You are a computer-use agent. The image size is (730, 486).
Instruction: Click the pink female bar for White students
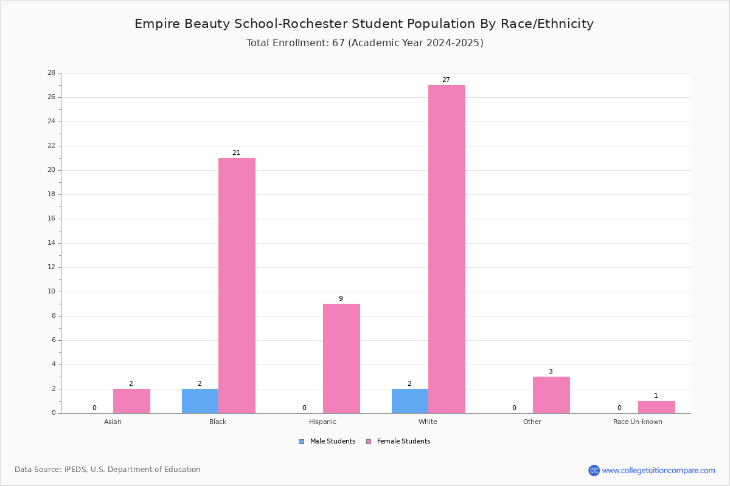(447, 249)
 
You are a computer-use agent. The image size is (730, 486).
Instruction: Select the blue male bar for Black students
(200, 401)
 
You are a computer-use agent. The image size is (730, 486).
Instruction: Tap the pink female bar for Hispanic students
(341, 358)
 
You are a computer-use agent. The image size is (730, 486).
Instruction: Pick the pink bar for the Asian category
(131, 401)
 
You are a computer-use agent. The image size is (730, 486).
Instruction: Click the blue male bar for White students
(410, 401)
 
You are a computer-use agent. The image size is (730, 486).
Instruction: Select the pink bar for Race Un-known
(656, 407)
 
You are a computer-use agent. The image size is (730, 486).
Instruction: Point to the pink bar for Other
(551, 395)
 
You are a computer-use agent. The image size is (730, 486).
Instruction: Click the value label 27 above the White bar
(446, 80)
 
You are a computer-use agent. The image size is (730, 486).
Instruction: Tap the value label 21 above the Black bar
(236, 152)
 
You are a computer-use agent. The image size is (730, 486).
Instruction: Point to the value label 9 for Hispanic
(341, 298)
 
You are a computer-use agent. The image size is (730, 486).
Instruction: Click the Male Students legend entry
(327, 442)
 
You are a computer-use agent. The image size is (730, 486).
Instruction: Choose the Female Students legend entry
(398, 442)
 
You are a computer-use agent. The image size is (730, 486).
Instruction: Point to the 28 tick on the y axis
(52, 72)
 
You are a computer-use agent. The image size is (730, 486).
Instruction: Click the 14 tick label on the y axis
(52, 243)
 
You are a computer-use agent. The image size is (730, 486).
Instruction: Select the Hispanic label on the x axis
(322, 422)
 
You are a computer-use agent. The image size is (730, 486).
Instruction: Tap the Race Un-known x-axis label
(638, 422)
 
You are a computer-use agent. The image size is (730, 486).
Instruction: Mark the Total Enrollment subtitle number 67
(339, 43)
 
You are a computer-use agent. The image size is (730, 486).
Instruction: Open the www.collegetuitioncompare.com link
(659, 470)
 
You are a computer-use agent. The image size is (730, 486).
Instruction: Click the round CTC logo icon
(594, 470)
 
